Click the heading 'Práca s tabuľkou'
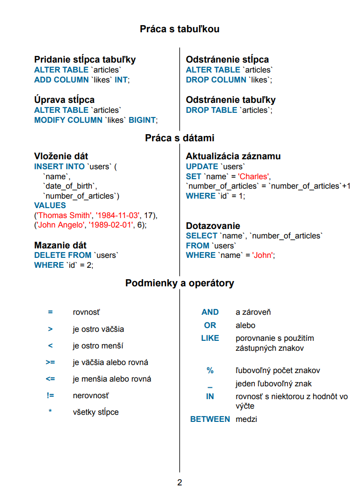180,29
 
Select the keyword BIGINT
142,120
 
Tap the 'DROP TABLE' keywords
211,110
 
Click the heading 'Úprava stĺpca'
64,100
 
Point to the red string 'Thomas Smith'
64,215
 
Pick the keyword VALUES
50,205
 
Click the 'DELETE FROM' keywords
63,255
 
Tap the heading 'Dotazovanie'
213,226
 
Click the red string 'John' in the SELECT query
263,255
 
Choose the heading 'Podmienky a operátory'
180,283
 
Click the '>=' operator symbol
50,363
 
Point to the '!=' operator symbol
50,396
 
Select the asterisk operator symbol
50,412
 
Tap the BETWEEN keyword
210,419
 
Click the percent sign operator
210,371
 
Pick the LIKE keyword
210,338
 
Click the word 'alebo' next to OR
245,325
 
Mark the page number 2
180,483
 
